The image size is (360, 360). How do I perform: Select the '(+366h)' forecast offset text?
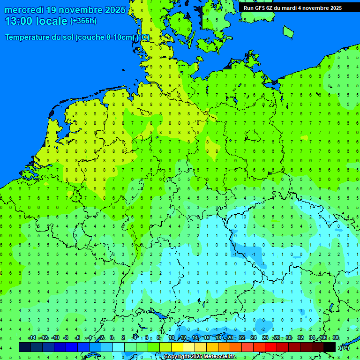pyautogui.click(x=83, y=21)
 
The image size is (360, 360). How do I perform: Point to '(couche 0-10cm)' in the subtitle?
pyautogui.click(x=105, y=37)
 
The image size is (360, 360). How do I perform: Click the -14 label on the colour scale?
pyautogui.click(x=31, y=338)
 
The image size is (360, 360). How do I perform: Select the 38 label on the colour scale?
pyautogui.click(x=336, y=338)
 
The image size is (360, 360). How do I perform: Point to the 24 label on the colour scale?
pyautogui.click(x=254, y=338)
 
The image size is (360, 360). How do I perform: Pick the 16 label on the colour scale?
pyautogui.click(x=207, y=338)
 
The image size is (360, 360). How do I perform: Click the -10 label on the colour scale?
pyautogui.click(x=55, y=338)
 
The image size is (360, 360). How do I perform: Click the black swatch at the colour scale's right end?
pyautogui.click(x=330, y=347)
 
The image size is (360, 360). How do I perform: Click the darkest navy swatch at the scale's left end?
pyautogui.click(x=25, y=347)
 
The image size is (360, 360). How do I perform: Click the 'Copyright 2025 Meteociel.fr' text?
pyautogui.click(x=199, y=357)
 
